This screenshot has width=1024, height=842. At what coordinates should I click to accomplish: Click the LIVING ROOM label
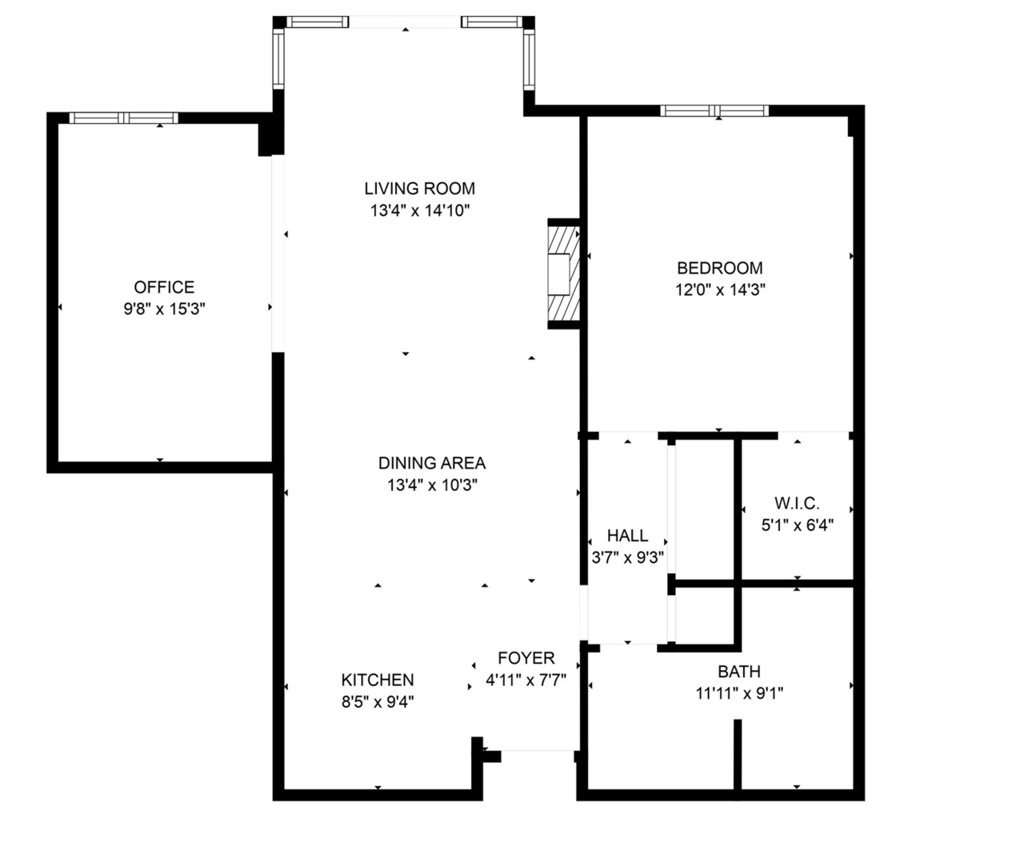point(419,188)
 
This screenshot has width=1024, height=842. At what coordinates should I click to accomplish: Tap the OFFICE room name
point(164,287)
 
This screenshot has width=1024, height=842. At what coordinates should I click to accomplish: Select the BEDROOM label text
point(719,268)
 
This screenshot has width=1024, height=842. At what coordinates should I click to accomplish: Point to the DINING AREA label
point(432,463)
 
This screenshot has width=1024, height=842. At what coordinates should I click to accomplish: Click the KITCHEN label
point(378,680)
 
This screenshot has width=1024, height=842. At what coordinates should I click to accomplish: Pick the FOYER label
point(526,658)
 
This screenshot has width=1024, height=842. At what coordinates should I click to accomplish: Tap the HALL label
point(628,535)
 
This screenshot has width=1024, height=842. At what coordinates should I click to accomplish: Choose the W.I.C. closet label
point(798,503)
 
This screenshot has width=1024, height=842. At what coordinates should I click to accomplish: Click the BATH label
point(739,672)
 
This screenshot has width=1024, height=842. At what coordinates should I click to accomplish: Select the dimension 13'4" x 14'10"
point(420,210)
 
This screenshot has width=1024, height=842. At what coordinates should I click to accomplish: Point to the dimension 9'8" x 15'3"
point(165,309)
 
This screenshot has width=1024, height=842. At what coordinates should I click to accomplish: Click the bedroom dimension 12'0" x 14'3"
point(720,289)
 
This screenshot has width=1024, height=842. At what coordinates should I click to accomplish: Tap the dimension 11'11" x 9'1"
point(739,694)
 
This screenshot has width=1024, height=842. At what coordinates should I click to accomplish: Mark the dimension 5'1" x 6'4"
point(798,525)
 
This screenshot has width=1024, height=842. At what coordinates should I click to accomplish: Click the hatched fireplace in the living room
point(564,274)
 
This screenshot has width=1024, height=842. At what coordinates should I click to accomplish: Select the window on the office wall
point(124,118)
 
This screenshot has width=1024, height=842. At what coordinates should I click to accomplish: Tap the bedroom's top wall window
point(714,110)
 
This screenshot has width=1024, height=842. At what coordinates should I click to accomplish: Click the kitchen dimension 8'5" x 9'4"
point(378,702)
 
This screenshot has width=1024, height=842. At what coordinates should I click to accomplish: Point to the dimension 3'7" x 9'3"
point(628,557)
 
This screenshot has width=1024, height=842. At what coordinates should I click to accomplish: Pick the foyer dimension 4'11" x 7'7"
point(526,680)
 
